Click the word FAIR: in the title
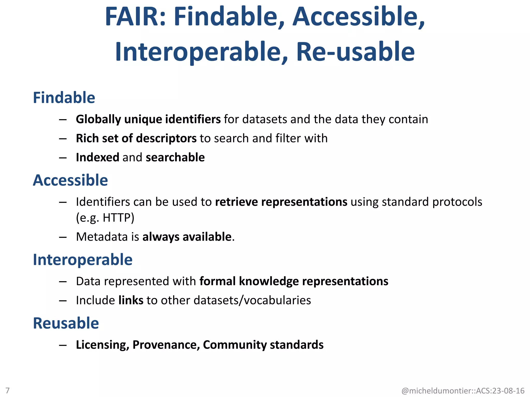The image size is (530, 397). click(x=135, y=17)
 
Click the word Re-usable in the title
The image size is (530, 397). click(x=355, y=52)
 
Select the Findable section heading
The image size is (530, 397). click(x=64, y=98)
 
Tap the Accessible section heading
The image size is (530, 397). click(x=70, y=180)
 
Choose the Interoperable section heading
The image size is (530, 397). click(x=83, y=259)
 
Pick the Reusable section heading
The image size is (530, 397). click(x=66, y=323)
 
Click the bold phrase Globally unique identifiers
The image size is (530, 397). click(x=148, y=119)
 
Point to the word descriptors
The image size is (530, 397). click(x=166, y=139)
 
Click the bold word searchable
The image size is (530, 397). click(x=175, y=157)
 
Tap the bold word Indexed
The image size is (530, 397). click(x=98, y=157)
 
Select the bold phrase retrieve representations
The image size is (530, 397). click(x=281, y=202)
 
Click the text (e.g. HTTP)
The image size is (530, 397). click(x=105, y=218)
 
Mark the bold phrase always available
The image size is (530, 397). click(x=187, y=237)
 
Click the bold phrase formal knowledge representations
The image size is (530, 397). click(x=294, y=281)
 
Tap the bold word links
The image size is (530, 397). click(x=131, y=300)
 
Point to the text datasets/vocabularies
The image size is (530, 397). click(x=252, y=300)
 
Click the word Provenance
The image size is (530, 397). click(x=166, y=345)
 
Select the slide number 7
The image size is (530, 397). click(x=8, y=390)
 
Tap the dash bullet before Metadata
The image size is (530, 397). click(x=63, y=237)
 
